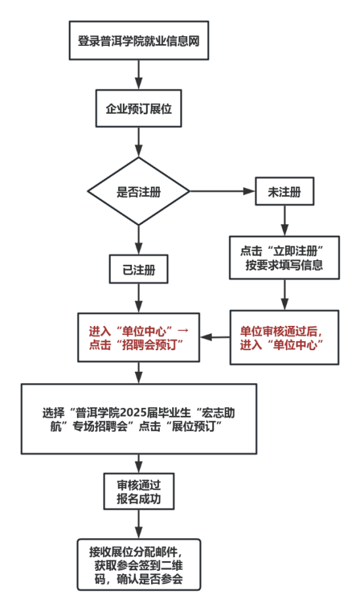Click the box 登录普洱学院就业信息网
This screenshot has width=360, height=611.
pos(139,41)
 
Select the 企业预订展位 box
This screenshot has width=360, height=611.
pos(139,108)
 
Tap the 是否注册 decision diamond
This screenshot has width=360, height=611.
pos(139,191)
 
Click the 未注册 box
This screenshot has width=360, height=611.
pos(284,191)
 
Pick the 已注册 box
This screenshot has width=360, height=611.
pos(139,269)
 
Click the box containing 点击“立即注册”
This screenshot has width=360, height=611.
pos(284,258)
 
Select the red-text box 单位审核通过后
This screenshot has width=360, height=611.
pos(284,338)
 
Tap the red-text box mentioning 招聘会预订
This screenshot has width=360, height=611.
pos(139,338)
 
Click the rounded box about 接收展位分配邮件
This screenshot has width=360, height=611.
pos(139,564)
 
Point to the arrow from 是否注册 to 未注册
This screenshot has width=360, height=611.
pos(222,191)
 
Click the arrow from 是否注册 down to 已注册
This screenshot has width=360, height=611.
pos(139,240)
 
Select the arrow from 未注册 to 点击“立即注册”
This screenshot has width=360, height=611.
pos(284,221)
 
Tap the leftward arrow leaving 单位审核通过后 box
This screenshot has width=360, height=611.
pos(215,337)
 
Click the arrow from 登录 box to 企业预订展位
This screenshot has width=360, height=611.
pos(139,75)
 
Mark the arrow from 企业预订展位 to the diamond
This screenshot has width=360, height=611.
pos(139,142)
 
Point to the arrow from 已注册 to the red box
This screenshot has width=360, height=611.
pos(139,298)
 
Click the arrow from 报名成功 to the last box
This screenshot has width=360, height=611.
pos(139,524)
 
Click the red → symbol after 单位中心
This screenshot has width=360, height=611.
pos(183,331)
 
